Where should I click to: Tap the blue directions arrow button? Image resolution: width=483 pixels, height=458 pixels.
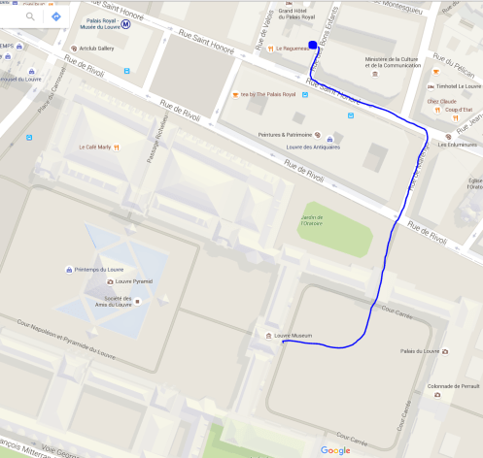(56, 16)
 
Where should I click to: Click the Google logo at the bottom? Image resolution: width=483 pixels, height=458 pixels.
(335, 449)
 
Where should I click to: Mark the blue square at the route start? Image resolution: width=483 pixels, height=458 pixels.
(311, 45)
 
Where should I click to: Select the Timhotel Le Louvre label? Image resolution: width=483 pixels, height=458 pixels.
(453, 85)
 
